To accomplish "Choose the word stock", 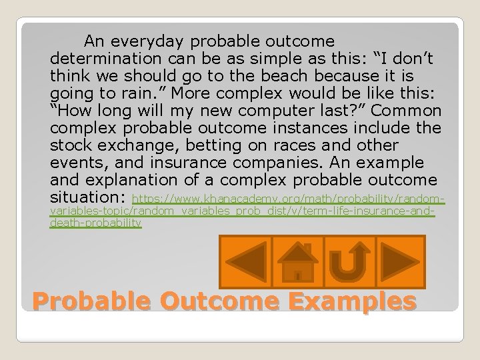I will click(x=70, y=145).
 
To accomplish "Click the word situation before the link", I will click(x=89, y=197).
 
